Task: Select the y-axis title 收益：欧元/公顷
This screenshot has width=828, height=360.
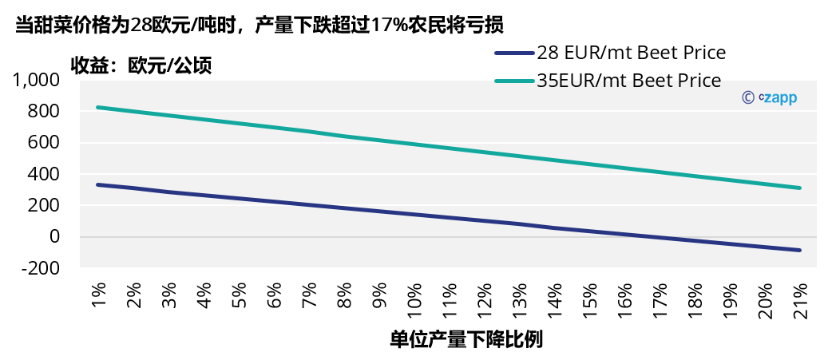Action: [141, 65]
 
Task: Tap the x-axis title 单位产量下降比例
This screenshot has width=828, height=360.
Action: [466, 339]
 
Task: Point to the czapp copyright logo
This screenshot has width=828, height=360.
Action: [769, 97]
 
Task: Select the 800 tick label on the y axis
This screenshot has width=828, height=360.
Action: [44, 111]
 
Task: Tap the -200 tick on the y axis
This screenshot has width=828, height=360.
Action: [40, 268]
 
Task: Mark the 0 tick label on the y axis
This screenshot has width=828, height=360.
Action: [54, 237]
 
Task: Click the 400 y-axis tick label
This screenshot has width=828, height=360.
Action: [44, 174]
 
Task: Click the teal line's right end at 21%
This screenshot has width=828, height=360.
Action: [799, 188]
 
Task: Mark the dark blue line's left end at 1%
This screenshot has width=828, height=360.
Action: [97, 184]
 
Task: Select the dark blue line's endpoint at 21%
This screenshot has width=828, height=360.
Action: [799, 250]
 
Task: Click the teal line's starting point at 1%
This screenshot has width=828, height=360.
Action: [97, 107]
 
